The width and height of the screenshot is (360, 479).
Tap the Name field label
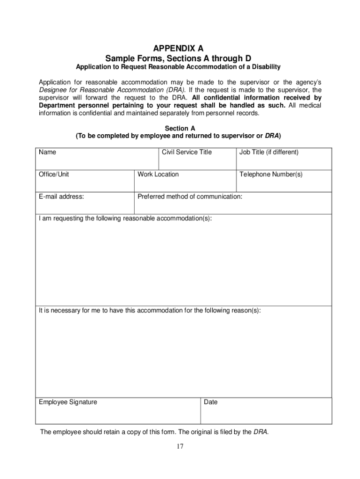[x=47, y=152]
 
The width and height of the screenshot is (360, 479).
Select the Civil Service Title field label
[x=187, y=152]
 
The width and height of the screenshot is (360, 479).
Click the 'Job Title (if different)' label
[x=269, y=152]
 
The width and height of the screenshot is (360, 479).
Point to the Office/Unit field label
[x=54, y=174]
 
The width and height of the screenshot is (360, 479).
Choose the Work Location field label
[x=158, y=174]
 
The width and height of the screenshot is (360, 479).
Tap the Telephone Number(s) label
[x=271, y=174]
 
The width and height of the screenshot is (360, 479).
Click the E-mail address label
[x=61, y=196]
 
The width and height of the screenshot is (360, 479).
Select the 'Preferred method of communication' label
[x=190, y=196]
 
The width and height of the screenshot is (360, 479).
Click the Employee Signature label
[x=68, y=402]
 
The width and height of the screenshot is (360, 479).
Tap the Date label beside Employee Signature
[x=211, y=402]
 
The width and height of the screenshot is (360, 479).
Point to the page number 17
[x=180, y=446]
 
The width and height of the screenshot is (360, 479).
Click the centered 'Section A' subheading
[x=180, y=128]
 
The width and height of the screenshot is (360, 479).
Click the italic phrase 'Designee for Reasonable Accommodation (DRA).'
[x=112, y=90]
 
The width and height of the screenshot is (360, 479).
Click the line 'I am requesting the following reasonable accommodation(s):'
[x=125, y=218]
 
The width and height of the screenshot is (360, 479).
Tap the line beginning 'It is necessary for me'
[x=150, y=311]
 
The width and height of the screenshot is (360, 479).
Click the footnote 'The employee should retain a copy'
[x=154, y=432]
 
